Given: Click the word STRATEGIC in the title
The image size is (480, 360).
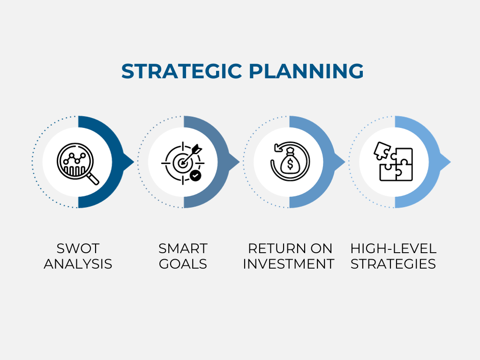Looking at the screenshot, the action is tap(182, 71).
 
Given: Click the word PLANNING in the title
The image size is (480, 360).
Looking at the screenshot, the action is tap(306, 71).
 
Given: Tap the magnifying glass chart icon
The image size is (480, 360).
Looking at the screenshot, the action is tap(78, 164).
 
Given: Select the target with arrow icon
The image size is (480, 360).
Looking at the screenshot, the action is tap(183, 163).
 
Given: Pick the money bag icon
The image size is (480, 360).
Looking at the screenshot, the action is tap(290, 161).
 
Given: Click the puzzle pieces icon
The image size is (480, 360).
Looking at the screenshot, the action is tap(393, 161).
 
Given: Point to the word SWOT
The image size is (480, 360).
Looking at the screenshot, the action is tap(78, 248).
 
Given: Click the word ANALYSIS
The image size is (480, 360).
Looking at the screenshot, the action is tap(78, 264).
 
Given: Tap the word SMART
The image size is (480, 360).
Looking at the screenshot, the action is tap(183, 248).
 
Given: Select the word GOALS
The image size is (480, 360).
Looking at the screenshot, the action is tap(183, 264).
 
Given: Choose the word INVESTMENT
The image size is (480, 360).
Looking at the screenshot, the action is tap(288, 264).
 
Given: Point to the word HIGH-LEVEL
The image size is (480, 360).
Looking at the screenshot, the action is tap(393, 248).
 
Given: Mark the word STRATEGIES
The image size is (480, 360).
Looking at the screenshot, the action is tap(393, 264).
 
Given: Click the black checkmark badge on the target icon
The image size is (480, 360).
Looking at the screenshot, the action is tap(195, 176).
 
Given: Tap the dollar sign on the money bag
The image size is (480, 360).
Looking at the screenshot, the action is tap(290, 165).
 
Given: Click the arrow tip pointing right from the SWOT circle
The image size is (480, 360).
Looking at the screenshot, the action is tap(134, 162).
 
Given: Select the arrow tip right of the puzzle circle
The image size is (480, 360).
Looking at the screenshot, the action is tap(450, 162).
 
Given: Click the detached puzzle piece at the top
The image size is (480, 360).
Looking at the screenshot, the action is tap(382, 150).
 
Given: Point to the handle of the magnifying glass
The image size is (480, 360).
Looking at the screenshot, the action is tap(93, 179).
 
